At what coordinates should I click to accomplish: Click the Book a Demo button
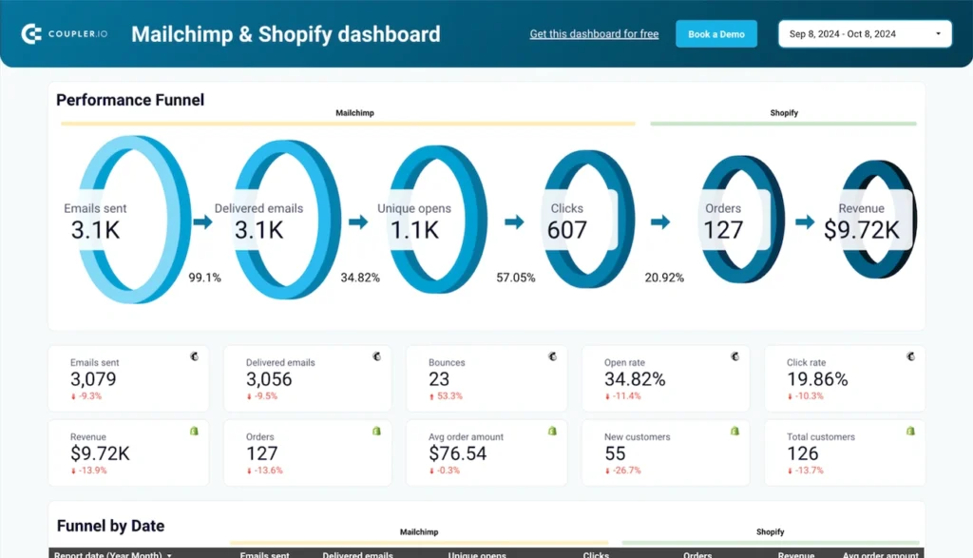tap(715, 34)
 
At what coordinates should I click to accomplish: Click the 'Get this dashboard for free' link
tap(594, 34)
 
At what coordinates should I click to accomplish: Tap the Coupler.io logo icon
tap(31, 34)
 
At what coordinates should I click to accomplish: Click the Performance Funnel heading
tap(130, 100)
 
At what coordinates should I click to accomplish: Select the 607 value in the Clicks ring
tap(567, 230)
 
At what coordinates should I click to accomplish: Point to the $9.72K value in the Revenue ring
tap(862, 230)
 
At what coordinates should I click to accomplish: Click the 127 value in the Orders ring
tap(723, 230)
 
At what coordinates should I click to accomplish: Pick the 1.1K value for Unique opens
tap(414, 230)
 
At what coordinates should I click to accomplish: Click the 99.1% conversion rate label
tap(204, 278)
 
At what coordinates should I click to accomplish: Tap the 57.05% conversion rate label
tap(516, 278)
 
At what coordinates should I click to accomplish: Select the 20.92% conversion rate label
tap(664, 278)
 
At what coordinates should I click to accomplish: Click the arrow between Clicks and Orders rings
tap(660, 221)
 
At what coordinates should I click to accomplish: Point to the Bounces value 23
tap(439, 379)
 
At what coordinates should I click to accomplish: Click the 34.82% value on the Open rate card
tap(635, 379)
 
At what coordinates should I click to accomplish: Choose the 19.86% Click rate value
tap(818, 379)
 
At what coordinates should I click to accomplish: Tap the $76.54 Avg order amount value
tap(457, 453)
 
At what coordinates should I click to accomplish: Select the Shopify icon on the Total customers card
tap(910, 431)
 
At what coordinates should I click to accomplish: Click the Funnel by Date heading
tap(110, 526)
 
